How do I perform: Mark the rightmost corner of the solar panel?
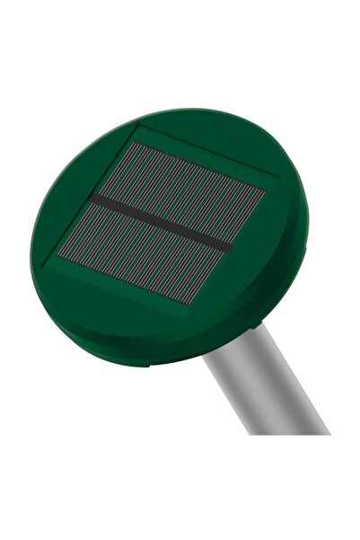[268, 190]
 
